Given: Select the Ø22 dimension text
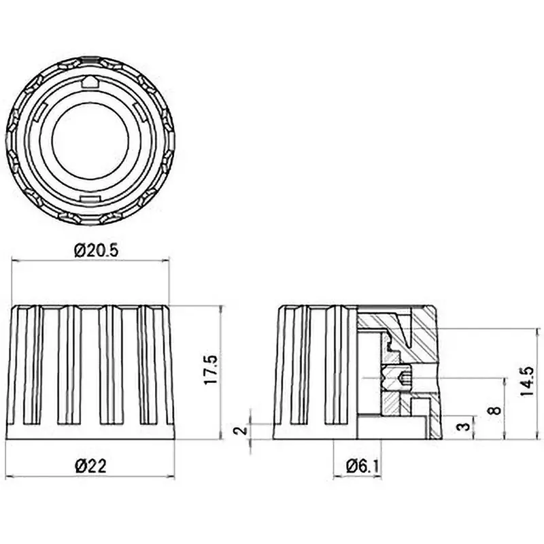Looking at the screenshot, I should pos(90,466).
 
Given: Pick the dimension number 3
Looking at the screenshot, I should pos(464,427).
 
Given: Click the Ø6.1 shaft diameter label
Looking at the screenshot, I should pos(362,466).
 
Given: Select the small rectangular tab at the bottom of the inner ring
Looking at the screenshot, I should pos(90,197).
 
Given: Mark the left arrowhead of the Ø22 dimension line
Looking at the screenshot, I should pos(9,477).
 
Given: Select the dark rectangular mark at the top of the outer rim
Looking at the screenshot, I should pos(90,60).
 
